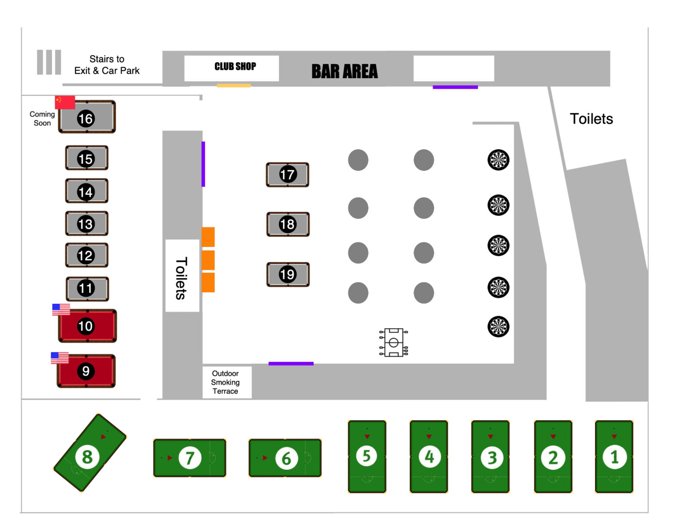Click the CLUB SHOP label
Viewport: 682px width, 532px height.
235,66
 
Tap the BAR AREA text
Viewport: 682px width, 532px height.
344,71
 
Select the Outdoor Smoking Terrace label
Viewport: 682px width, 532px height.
225,382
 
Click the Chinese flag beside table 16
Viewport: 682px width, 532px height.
65,102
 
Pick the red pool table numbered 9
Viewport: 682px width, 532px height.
86,371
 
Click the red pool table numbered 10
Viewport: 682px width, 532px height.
87,326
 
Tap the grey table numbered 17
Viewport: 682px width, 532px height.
287,175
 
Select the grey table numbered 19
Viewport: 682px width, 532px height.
288,274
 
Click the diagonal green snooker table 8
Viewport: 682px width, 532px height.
90,453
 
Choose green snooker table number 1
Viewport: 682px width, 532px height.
614,457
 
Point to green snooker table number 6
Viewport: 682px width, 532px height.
285,458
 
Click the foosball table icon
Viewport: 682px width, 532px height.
393,342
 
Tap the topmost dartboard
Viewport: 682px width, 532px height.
498,160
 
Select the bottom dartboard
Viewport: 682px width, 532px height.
498,326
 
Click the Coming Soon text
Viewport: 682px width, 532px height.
42,118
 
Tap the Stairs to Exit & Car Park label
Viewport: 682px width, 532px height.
107,65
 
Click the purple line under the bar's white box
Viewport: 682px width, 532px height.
455,87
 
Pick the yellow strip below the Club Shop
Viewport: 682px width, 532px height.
234,85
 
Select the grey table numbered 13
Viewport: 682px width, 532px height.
87,223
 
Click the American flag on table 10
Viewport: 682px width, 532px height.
61,310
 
